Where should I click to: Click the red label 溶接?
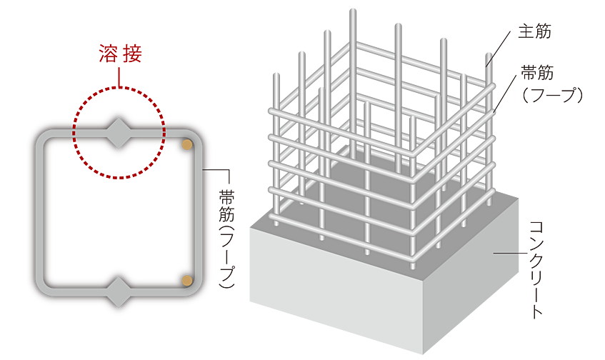(x=121, y=54)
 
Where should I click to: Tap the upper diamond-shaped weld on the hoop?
(x=119, y=134)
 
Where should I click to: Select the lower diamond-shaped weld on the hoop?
(x=119, y=292)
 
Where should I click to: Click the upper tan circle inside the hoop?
(x=187, y=144)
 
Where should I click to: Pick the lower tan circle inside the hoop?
(x=187, y=281)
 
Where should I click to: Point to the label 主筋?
(x=534, y=31)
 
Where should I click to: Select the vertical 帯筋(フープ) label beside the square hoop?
(x=226, y=239)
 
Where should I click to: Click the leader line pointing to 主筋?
(x=501, y=49)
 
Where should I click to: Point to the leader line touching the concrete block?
(x=510, y=253)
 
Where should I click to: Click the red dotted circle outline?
(x=119, y=87)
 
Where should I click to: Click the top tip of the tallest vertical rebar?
(x=353, y=9)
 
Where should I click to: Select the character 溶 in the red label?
(x=108, y=54)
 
